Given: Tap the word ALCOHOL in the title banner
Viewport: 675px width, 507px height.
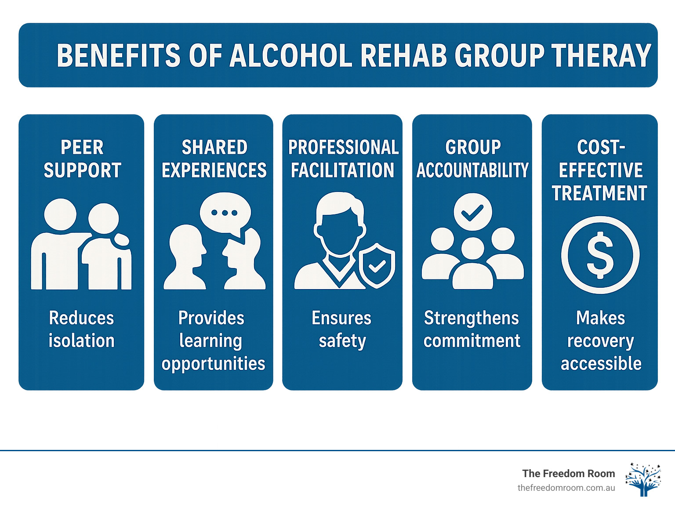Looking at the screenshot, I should tap(291, 56).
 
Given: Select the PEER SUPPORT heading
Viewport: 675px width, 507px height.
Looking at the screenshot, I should tap(82, 159).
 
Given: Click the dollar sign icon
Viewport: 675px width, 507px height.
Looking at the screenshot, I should tap(600, 255).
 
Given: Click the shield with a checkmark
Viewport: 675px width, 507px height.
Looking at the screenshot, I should tap(377, 265).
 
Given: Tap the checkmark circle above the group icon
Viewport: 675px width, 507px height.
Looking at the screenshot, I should tap(472, 212).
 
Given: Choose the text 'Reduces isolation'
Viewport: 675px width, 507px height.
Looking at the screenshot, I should tap(81, 329).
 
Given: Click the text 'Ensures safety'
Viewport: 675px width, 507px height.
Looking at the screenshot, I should tap(342, 329).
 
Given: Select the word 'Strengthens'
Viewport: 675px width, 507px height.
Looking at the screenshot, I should tap(472, 318).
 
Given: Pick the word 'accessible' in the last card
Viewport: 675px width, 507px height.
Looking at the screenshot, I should tap(601, 364).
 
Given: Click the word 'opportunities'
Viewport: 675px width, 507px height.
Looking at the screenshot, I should tap(213, 364).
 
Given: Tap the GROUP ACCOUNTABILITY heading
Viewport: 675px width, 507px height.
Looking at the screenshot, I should tap(472, 159).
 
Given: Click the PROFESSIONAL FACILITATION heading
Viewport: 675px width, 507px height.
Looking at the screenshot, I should tap(343, 159).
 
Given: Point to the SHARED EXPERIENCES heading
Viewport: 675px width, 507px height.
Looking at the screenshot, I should tap(214, 159).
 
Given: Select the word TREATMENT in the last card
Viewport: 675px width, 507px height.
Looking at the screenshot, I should tap(600, 193).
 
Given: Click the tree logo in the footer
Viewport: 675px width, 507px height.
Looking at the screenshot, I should tap(643, 479).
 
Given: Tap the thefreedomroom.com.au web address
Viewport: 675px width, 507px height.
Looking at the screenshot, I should tap(566, 488).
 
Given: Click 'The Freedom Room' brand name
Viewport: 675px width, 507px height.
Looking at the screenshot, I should tap(568, 474).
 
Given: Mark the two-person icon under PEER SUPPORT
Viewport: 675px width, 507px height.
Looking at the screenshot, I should tap(81, 245).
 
